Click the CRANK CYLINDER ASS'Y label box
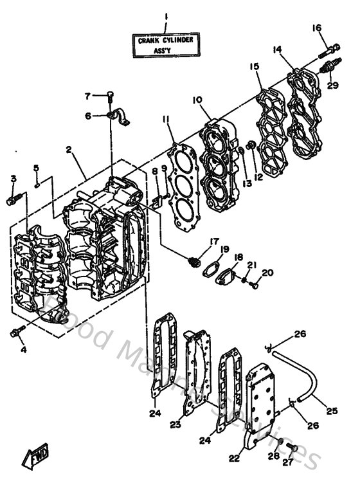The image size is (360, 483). (165, 45)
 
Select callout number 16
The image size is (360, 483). (316, 28)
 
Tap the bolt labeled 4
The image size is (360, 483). (15, 332)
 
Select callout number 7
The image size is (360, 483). (88, 96)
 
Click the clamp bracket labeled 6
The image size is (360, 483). (117, 116)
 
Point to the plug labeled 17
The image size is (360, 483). (192, 260)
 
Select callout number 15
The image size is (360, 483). (255, 66)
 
